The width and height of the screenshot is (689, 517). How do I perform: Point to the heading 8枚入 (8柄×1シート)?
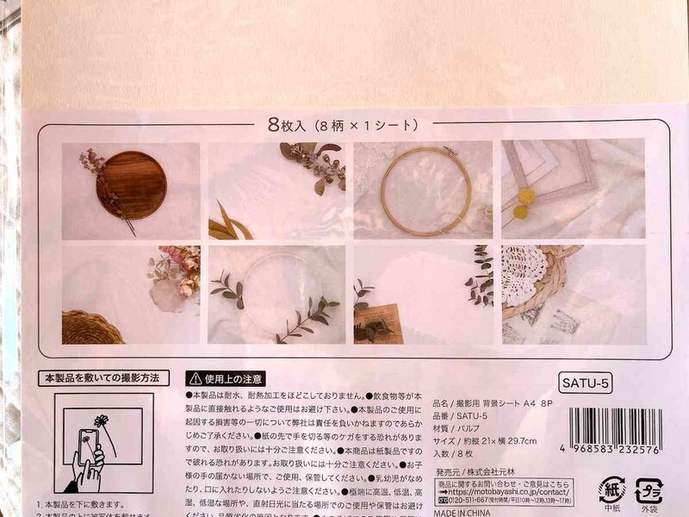(344, 125)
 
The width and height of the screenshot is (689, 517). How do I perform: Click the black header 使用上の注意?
(227, 378)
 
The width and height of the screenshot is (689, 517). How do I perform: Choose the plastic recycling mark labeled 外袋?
(648, 490)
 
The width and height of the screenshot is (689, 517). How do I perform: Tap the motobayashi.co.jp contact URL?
(500, 491)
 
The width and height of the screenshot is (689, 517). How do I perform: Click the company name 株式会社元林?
(492, 472)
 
